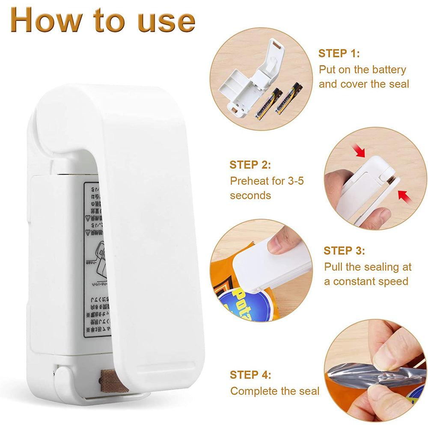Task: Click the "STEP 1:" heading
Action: click(339, 53)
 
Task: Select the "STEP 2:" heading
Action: click(250, 165)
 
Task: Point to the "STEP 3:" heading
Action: click(344, 251)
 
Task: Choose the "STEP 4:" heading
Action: click(250, 375)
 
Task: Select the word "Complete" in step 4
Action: click(253, 391)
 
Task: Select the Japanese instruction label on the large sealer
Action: click(97, 261)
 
